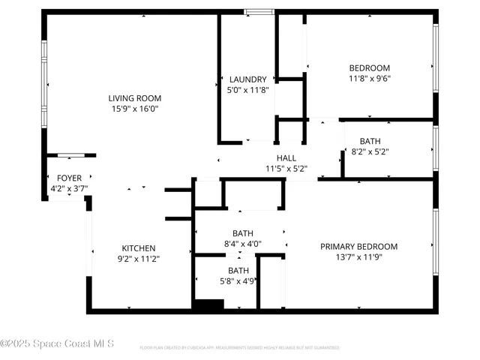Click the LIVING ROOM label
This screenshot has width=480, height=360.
(134, 98)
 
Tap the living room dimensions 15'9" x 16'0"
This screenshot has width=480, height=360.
(134, 109)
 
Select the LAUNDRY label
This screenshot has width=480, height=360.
(247, 79)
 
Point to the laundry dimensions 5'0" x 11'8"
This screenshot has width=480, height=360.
(247, 90)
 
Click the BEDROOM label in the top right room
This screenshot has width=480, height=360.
(369, 67)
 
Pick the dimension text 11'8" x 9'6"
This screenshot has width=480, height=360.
(369, 78)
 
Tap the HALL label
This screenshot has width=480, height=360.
(286, 158)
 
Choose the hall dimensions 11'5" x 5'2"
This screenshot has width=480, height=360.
(286, 169)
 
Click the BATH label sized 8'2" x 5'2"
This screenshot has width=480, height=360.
(370, 141)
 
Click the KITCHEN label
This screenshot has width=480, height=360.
(139, 248)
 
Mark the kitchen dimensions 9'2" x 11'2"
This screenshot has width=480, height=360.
(139, 259)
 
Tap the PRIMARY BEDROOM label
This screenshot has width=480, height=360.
(358, 246)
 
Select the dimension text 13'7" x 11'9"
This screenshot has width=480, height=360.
(358, 256)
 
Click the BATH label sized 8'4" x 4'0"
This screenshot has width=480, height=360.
(242, 233)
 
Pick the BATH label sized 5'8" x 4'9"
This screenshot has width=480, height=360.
(238, 271)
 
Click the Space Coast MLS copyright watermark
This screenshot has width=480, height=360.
(57, 344)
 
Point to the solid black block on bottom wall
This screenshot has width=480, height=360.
(208, 305)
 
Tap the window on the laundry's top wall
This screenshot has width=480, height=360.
(259, 11)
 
